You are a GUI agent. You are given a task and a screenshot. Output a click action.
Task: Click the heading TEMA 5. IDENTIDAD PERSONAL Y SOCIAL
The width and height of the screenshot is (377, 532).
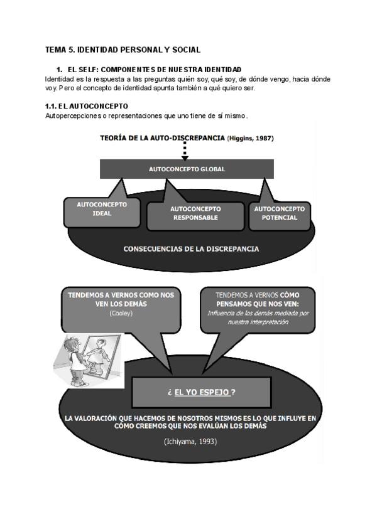pos(123,49)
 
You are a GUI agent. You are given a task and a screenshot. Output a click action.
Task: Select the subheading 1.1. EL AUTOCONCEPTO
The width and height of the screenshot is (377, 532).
pos(87,107)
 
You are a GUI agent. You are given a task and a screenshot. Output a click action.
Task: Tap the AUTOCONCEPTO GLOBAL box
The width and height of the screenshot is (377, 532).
pos(187,169)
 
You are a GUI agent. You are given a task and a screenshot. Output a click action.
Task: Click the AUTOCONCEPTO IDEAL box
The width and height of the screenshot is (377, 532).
pos(102,209)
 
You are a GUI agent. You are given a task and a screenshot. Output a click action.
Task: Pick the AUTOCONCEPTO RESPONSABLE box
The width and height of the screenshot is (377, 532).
pos(195,213)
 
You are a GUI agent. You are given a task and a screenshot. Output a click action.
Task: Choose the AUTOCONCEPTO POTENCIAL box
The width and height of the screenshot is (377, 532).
pos(279,213)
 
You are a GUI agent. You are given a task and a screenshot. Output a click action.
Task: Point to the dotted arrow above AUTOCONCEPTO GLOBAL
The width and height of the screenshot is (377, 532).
pos(185,150)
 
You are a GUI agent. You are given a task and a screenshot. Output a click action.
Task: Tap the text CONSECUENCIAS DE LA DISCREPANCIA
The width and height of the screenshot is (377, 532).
pos(191,249)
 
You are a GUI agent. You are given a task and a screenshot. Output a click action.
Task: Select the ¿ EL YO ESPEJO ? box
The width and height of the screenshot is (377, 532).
pos(201,391)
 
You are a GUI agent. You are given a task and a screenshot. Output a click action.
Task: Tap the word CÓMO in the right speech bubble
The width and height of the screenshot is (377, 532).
pos(290,294)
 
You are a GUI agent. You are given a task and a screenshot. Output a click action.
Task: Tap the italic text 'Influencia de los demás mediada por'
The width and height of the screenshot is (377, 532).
pos(258,312)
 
